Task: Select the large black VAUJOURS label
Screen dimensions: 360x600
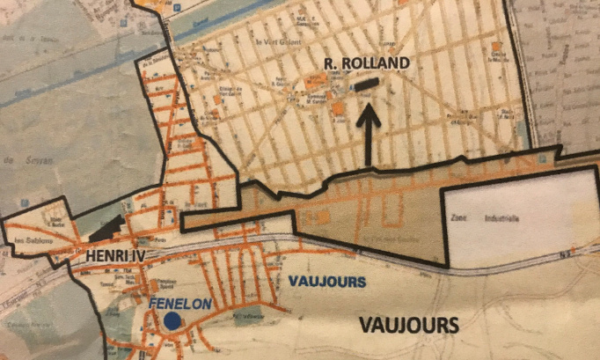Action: [x=409, y=325]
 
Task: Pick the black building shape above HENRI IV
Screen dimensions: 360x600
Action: [x=107, y=231]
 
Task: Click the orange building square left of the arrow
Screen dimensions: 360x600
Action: [x=339, y=107]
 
